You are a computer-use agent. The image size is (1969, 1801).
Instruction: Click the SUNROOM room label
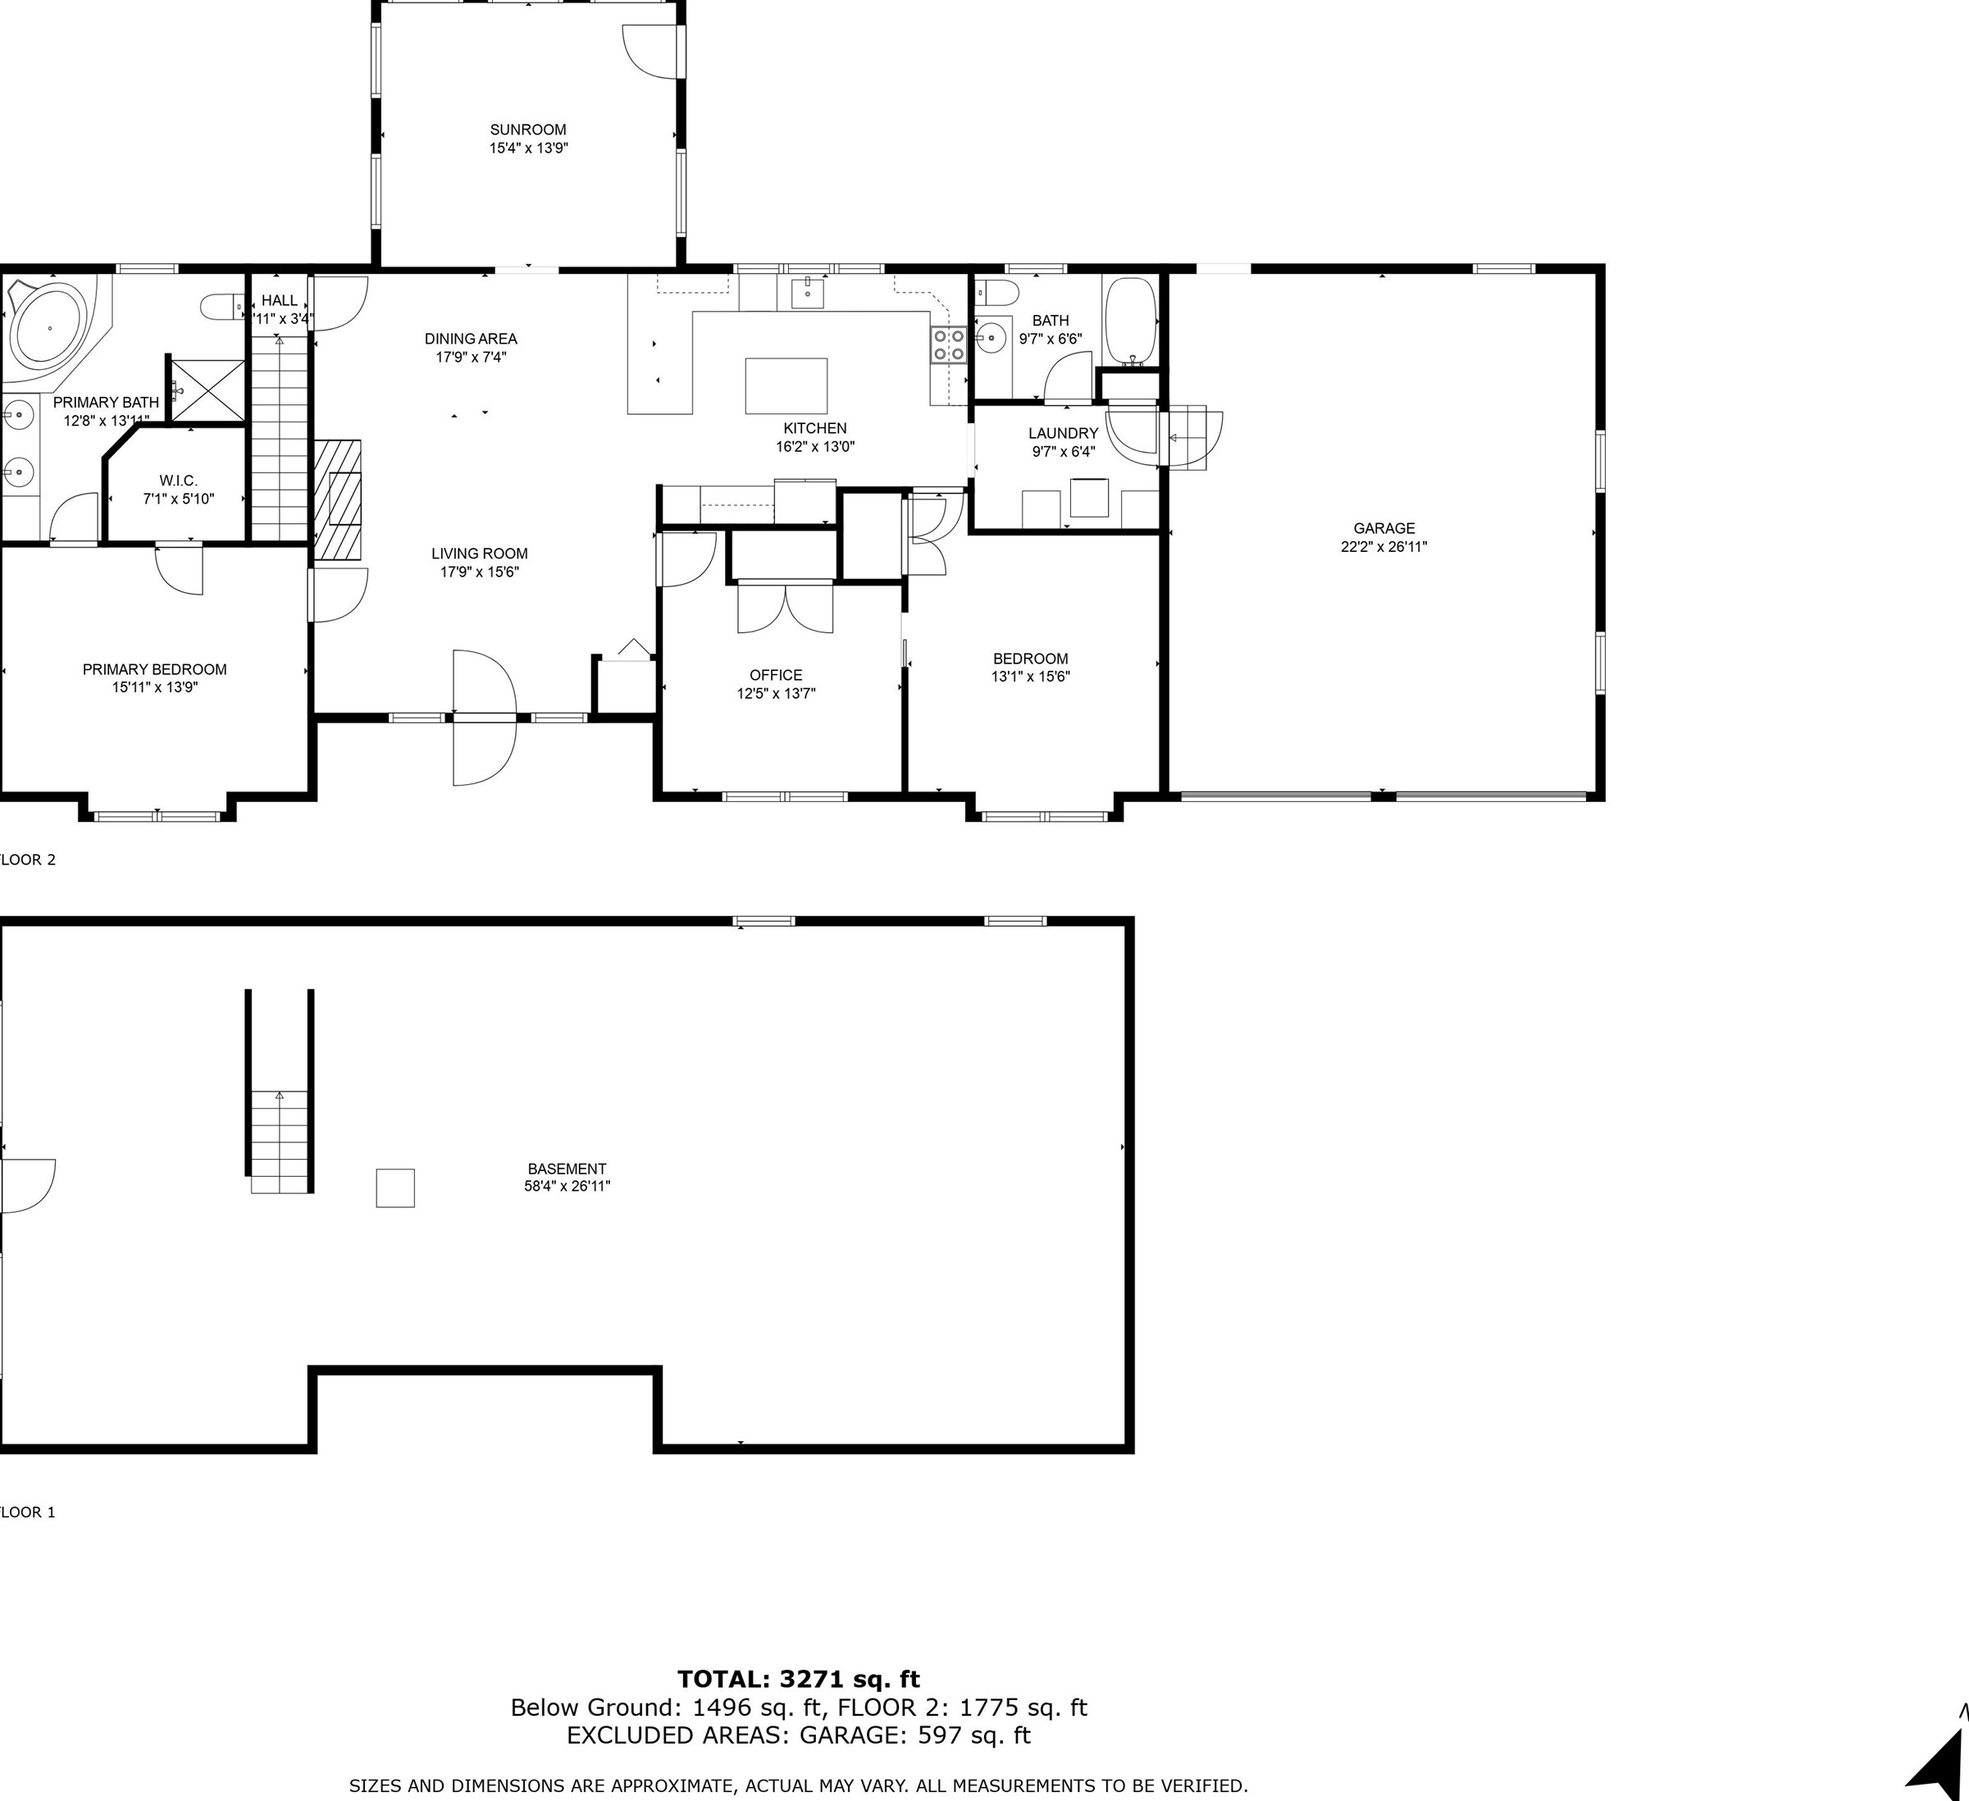527,130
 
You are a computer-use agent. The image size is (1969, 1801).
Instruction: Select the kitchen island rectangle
786,385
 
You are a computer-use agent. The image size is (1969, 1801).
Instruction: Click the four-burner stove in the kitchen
947,344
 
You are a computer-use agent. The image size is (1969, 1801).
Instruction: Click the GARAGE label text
1384,528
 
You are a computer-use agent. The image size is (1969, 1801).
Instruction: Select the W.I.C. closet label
178,481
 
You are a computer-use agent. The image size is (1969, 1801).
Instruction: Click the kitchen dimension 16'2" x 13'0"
814,446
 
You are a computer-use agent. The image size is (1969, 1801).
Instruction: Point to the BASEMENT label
567,1168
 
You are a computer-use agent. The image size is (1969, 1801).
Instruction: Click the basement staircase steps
280,1142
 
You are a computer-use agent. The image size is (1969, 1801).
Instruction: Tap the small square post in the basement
395,1188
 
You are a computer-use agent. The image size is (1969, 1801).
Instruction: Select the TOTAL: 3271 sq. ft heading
799,1679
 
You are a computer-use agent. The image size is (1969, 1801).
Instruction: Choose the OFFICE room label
776,675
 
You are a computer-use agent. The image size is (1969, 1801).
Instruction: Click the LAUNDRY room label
1063,433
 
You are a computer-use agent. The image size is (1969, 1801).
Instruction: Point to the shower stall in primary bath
206,390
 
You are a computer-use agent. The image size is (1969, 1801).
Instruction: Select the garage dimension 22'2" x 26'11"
1384,547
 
